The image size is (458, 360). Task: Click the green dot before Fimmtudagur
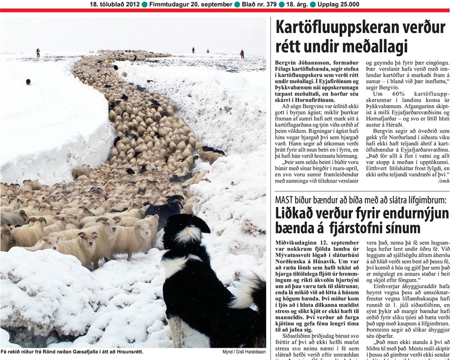coord(145,4)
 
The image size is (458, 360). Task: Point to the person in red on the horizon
coord(242,53)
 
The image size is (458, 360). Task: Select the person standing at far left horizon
coord(38,52)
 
